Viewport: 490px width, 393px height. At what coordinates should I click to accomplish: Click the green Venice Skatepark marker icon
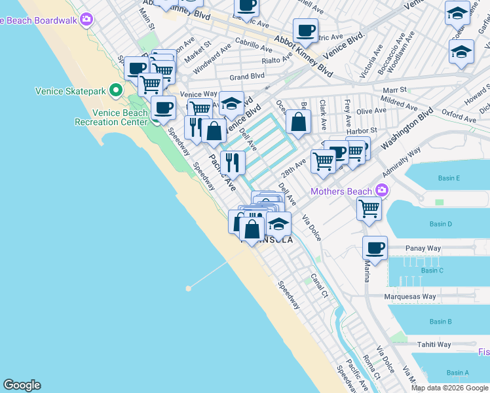(116, 90)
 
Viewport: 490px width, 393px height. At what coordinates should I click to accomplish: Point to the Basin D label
(441, 224)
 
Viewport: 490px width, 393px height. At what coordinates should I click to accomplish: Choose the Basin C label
(432, 271)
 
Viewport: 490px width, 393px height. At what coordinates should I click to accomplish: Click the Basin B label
(440, 322)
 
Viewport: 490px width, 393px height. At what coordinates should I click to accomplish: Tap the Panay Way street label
(423, 249)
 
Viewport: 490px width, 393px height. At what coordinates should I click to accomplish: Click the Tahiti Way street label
(435, 345)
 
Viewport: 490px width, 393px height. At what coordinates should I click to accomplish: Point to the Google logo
(22, 385)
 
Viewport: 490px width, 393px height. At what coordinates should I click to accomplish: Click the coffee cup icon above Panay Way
(375, 248)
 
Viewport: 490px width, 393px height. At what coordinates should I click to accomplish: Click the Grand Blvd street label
(246, 77)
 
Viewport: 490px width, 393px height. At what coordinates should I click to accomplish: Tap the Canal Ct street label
(319, 286)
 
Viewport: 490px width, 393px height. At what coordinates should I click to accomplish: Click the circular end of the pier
(189, 288)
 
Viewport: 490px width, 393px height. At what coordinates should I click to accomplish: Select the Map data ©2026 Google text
(450, 388)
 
